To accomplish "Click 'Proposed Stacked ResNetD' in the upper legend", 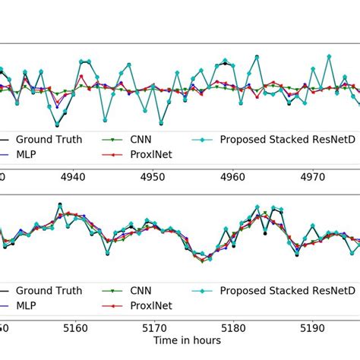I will pos(286,140).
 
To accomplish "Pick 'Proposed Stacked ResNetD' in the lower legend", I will pos(286,290).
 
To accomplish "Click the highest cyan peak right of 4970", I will pos(328,55).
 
